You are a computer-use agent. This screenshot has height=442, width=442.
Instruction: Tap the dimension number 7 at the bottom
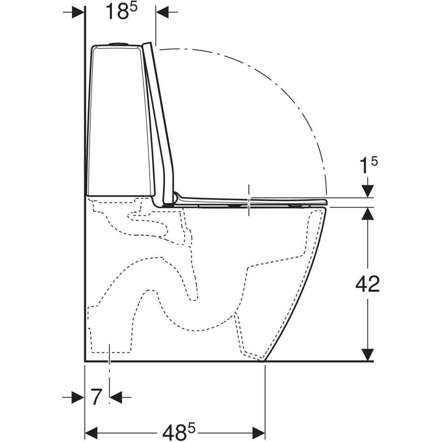[96, 397]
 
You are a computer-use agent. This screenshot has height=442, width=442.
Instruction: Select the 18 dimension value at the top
[116, 12]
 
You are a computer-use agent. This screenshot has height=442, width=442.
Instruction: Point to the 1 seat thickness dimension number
[364, 167]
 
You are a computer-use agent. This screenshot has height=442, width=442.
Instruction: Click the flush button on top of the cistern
[119, 44]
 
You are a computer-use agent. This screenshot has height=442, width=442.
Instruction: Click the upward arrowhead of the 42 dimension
[367, 213]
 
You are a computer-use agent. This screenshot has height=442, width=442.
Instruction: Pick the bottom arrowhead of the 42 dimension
[367, 355]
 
